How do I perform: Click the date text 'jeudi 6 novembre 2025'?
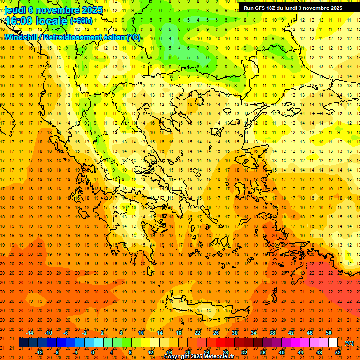tap(47, 10)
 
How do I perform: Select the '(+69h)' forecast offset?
tap(81, 21)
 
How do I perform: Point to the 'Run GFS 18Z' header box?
tap(293, 8)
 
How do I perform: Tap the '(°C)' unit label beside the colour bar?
tap(349, 343)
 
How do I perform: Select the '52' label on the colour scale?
tap(338, 352)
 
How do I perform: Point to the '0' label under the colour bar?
tap(92, 352)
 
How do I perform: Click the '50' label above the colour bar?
tap(329, 333)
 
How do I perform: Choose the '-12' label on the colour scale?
tap(39, 352)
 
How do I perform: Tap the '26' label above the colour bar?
tap(216, 333)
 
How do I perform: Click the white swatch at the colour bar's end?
tap(333, 343)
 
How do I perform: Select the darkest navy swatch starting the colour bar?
tap(23, 343)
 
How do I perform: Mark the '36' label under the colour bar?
tap(263, 352)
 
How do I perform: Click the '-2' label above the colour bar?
tap(84, 333)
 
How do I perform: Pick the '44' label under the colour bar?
tap(300, 352)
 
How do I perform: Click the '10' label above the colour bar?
tap(141, 333)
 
